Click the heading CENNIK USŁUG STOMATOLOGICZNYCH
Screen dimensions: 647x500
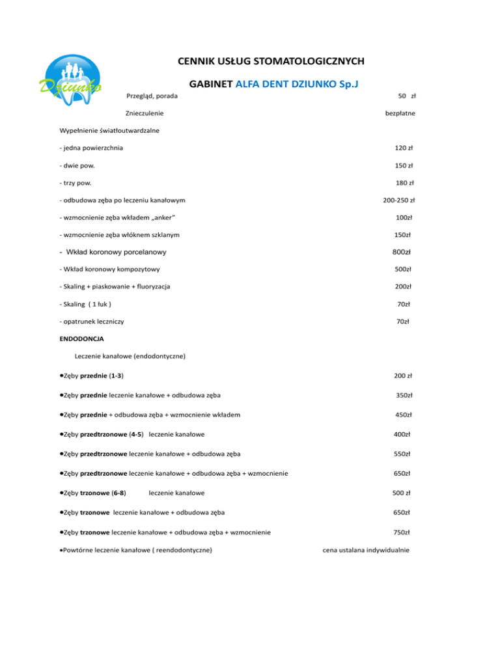270,62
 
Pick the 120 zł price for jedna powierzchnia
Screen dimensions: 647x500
408,148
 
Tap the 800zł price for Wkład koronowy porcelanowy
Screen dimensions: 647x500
408,251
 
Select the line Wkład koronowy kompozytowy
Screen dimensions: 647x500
109,269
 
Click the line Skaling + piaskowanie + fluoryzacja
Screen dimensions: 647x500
118,286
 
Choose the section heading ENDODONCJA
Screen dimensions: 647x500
81,338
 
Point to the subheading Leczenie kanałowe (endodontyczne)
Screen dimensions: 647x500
131,356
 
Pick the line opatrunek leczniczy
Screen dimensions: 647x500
92,322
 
